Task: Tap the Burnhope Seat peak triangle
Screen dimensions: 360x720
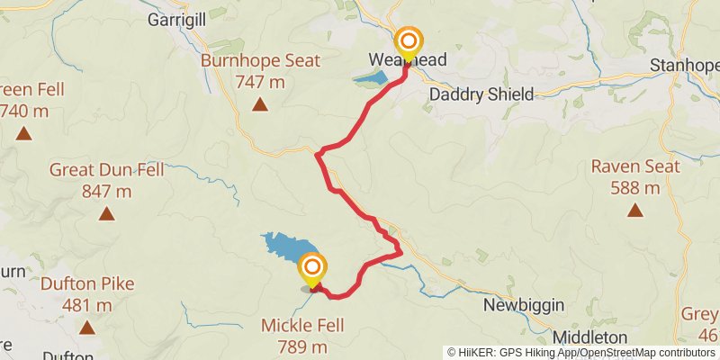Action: (x=260, y=105)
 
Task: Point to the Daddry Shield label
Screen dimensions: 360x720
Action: (x=481, y=94)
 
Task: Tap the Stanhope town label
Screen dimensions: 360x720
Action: (x=685, y=66)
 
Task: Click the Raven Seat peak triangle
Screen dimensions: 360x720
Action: (x=635, y=211)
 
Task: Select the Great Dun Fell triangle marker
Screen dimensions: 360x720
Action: (x=107, y=214)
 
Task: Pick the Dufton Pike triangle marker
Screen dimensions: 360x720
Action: (x=87, y=328)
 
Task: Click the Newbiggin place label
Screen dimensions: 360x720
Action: (x=524, y=305)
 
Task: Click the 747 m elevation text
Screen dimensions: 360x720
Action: (x=260, y=82)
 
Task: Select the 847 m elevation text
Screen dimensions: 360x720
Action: (x=106, y=191)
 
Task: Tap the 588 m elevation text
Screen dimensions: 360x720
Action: (x=635, y=188)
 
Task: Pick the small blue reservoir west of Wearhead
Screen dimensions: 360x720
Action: (x=369, y=79)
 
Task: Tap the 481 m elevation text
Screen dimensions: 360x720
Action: (x=87, y=305)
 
